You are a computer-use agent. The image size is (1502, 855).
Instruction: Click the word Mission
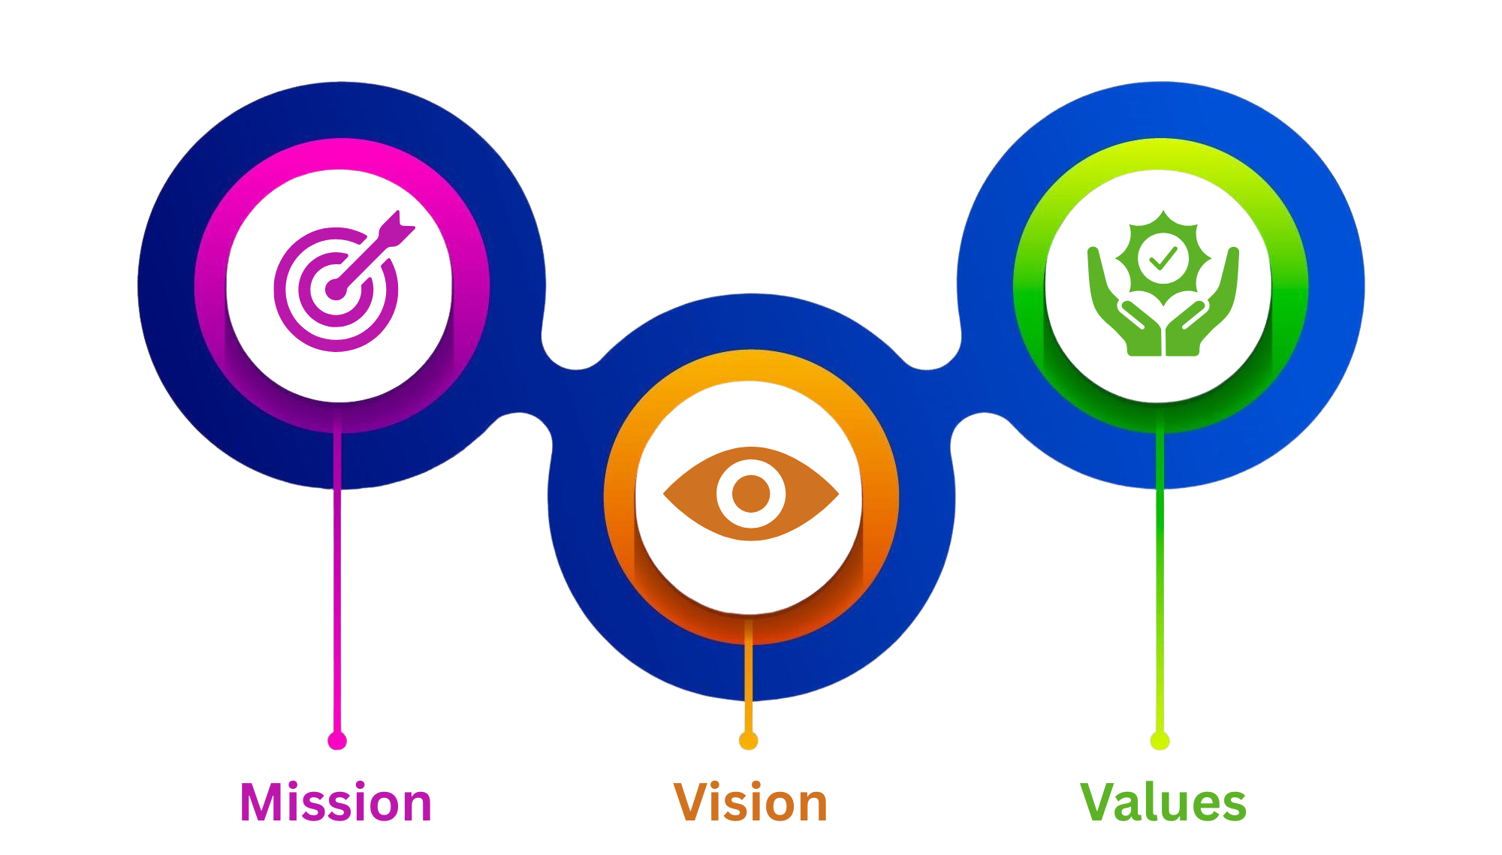336,802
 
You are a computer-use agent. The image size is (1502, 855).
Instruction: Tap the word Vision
750,802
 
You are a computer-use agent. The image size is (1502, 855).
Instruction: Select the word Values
1163,802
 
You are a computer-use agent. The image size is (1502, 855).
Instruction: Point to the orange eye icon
750,494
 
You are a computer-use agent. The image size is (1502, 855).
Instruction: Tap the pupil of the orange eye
750,494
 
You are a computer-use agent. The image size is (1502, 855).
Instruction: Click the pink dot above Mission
337,740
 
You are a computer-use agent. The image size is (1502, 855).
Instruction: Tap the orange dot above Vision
748,741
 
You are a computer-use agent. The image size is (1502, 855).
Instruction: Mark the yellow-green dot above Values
1160,740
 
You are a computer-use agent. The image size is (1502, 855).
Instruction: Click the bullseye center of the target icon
335,290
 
